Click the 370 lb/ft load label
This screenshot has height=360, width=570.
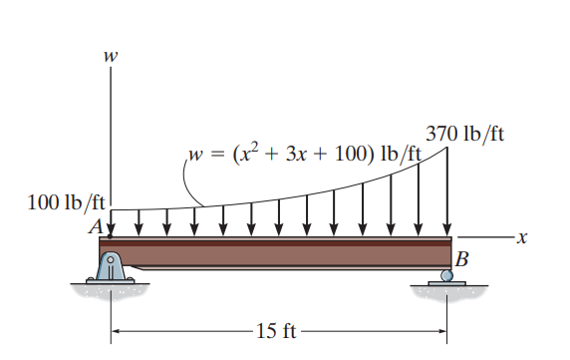[x=465, y=134]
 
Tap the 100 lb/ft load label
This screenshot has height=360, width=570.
[x=66, y=202]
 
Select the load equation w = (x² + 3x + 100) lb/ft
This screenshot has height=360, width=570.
[x=305, y=154]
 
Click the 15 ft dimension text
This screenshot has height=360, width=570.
[x=276, y=331]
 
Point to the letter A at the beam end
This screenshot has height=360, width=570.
[x=96, y=227]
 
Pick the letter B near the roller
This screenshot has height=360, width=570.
[x=461, y=259]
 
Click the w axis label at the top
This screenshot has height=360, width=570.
[x=111, y=56]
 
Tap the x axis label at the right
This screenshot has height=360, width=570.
[x=521, y=237]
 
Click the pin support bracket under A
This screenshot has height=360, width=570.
[x=111, y=267]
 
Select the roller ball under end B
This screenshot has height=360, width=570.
[x=447, y=275]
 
